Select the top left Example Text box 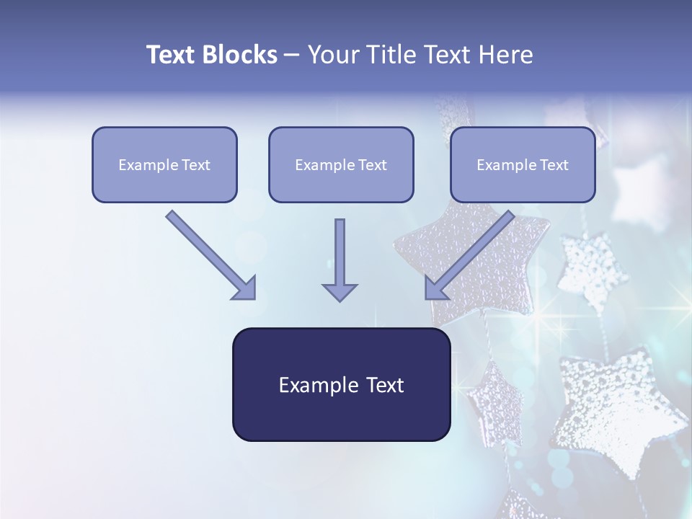[x=164, y=164]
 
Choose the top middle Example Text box [x=341, y=164]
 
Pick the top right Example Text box [x=523, y=164]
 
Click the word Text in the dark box [x=385, y=386]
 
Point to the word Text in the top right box [x=554, y=165]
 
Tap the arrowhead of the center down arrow [x=340, y=292]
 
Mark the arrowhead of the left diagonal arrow [x=245, y=288]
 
